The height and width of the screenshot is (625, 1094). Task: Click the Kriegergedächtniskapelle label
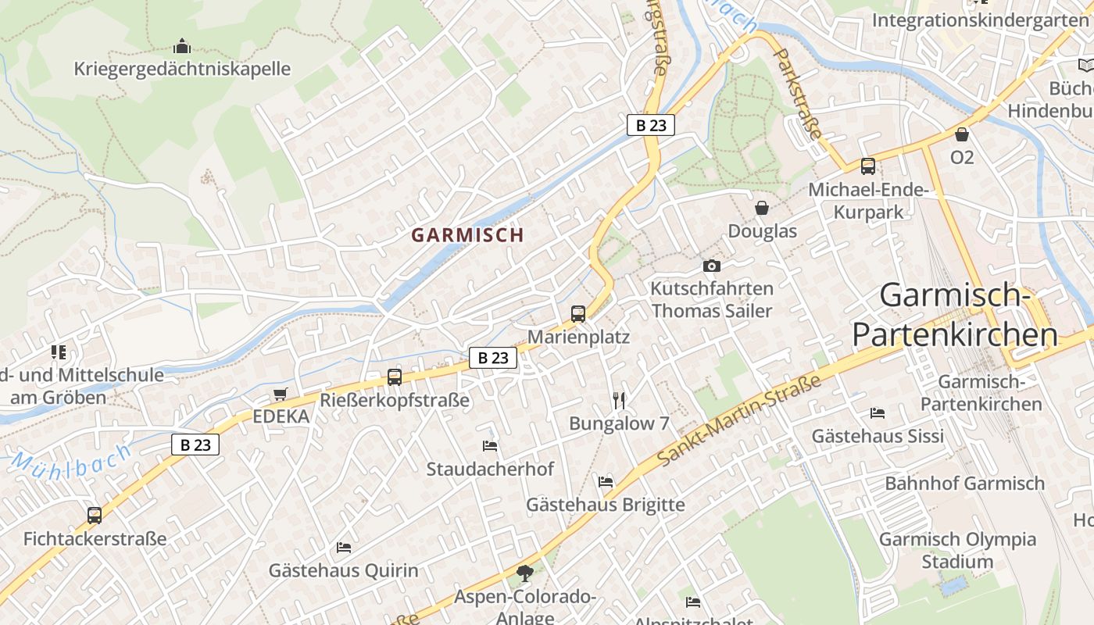point(182,69)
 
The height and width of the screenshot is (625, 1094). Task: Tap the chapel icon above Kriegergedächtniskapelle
point(182,46)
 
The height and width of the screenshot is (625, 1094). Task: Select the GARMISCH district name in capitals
point(467,234)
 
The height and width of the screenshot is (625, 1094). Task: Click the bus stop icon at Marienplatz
point(578,314)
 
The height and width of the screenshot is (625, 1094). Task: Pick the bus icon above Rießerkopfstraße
point(395,377)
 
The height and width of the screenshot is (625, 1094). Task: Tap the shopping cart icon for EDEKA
point(281,395)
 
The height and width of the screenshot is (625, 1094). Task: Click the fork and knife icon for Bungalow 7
point(620,401)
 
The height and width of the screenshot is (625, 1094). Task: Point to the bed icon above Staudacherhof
point(490,446)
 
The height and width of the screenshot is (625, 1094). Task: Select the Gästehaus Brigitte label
point(605,505)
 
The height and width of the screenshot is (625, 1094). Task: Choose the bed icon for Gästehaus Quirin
point(344,547)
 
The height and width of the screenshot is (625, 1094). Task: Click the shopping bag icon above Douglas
point(762,208)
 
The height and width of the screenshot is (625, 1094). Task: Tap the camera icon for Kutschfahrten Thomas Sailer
point(711,266)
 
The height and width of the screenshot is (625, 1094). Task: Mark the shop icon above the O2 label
point(962,134)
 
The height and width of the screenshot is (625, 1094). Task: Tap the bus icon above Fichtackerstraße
point(95,516)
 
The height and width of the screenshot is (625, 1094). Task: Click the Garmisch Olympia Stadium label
point(957,550)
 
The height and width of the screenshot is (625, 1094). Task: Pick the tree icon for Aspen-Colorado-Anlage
point(525,574)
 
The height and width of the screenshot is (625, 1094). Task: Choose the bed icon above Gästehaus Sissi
point(878,412)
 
